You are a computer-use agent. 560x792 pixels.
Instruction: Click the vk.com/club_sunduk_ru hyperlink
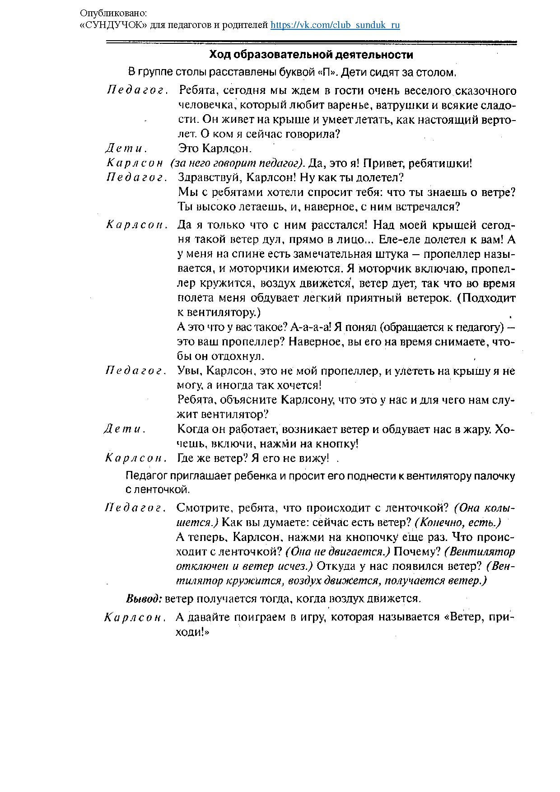[x=335, y=25]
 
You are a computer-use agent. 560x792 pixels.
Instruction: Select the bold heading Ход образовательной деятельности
[x=311, y=55]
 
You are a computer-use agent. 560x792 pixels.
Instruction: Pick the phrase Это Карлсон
[x=215, y=149]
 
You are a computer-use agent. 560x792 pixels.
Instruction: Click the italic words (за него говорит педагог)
[x=238, y=163]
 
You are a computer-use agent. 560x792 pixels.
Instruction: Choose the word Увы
[x=189, y=371]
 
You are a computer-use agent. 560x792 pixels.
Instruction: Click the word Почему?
[x=418, y=552]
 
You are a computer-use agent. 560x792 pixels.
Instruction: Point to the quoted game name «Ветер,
[x=462, y=617]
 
